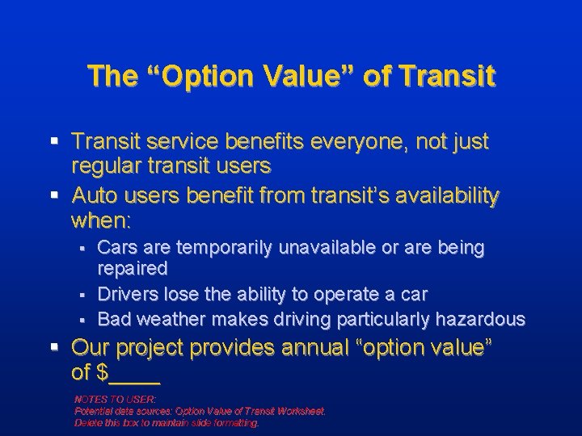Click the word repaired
(x=133, y=267)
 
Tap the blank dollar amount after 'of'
(x=138, y=373)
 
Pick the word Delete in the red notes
(x=87, y=421)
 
